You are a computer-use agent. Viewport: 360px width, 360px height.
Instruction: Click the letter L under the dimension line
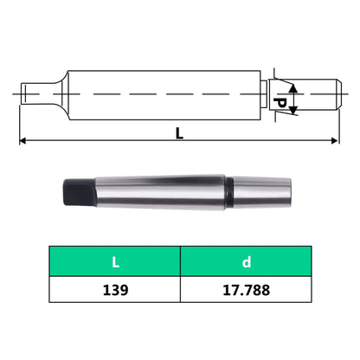tap(180, 134)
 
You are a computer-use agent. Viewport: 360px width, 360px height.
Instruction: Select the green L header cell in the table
tap(113, 260)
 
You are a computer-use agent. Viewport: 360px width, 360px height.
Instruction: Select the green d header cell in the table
tap(245, 260)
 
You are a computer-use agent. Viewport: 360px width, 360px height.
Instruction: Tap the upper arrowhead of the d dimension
tap(293, 87)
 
